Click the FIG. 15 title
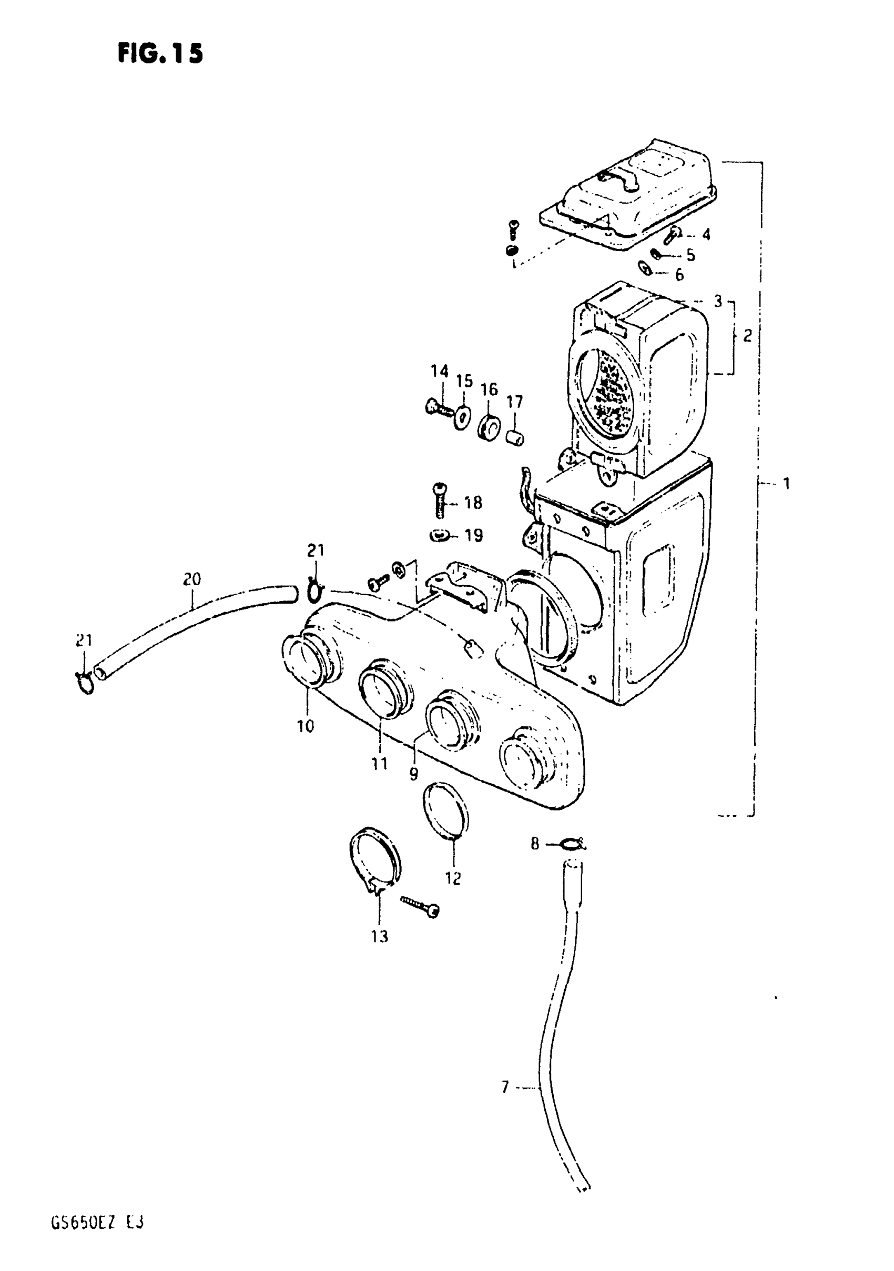point(160,54)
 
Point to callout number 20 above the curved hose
point(192,579)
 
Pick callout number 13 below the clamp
point(380,937)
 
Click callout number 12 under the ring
point(453,878)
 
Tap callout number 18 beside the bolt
point(473,503)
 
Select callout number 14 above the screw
point(439,371)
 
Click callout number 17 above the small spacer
point(514,402)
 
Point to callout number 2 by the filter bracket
point(747,335)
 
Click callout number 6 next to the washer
point(679,275)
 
